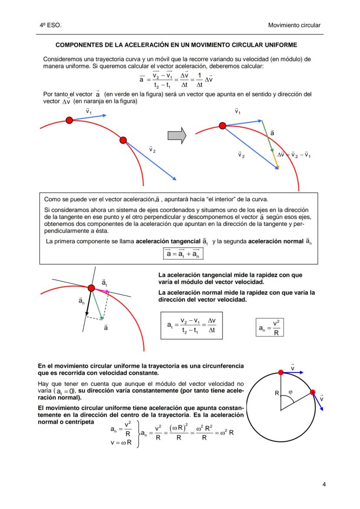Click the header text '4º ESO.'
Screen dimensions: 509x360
pyautogui.click(x=50, y=26)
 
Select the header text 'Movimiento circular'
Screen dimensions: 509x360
pyautogui.click(x=294, y=26)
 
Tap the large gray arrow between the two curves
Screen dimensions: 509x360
pyautogui.click(x=177, y=136)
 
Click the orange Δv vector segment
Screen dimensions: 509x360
pyautogui.click(x=276, y=161)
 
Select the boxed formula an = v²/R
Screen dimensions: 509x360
pyautogui.click(x=270, y=328)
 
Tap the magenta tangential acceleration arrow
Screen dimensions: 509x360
pyautogui.click(x=101, y=289)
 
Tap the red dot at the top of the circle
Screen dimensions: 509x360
pyautogui.click(x=281, y=372)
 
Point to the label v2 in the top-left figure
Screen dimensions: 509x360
pyautogui.click(x=152, y=149)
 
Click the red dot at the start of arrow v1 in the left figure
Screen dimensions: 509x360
pyautogui.click(x=69, y=120)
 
